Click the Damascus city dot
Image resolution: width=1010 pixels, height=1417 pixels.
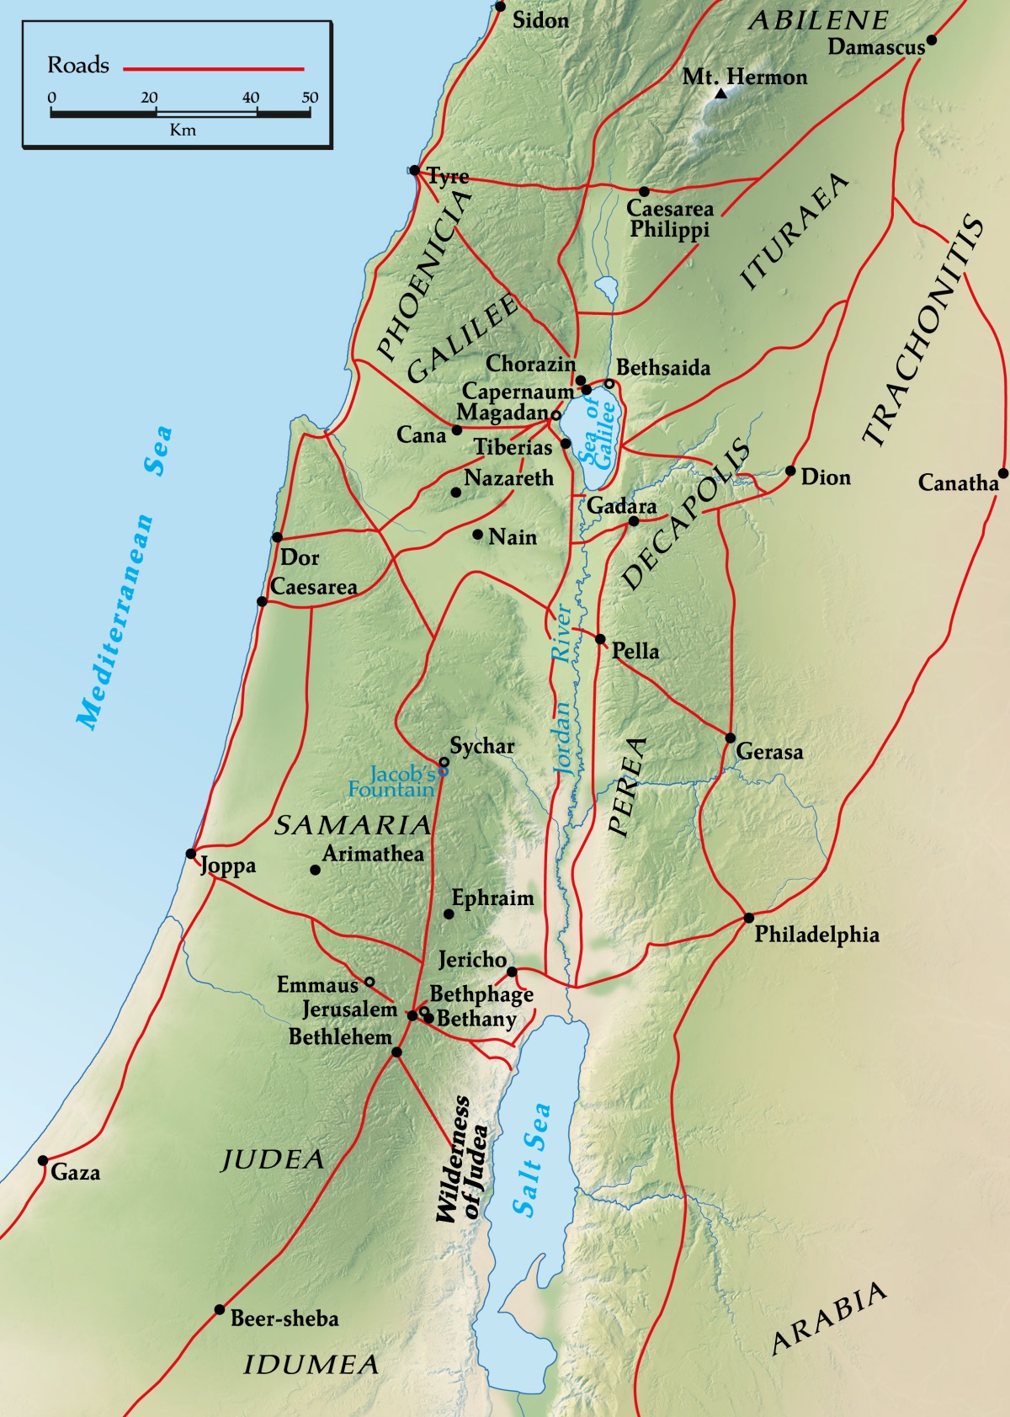pyautogui.click(x=931, y=40)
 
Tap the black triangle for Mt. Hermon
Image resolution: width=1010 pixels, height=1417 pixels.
pyautogui.click(x=720, y=93)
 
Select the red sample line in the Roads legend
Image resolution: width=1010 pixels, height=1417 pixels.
pyautogui.click(x=214, y=69)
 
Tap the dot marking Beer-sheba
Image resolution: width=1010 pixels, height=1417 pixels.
pyautogui.click(x=220, y=1309)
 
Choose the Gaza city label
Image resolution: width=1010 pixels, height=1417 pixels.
pyautogui.click(x=76, y=1172)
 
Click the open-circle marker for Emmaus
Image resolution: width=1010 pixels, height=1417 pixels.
pyautogui.click(x=369, y=982)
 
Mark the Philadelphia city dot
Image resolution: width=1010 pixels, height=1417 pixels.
pyautogui.click(x=748, y=917)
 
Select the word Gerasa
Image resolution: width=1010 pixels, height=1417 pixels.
pyautogui.click(x=769, y=751)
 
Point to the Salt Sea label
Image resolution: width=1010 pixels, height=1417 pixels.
pyautogui.click(x=533, y=1159)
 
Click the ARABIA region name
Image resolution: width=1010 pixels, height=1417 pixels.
pyautogui.click(x=829, y=1318)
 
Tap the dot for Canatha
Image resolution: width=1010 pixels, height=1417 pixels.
pyautogui.click(x=1002, y=473)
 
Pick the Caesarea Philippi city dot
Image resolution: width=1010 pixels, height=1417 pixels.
pyautogui.click(x=644, y=192)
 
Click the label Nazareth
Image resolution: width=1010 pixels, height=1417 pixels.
pyautogui.click(x=508, y=478)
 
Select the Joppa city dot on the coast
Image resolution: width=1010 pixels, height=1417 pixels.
pyautogui.click(x=191, y=854)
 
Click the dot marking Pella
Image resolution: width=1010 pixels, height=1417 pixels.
pyautogui.click(x=600, y=639)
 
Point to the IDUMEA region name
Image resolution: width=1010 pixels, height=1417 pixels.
pyautogui.click(x=311, y=1365)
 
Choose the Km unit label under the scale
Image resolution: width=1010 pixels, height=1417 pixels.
pyautogui.click(x=183, y=130)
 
